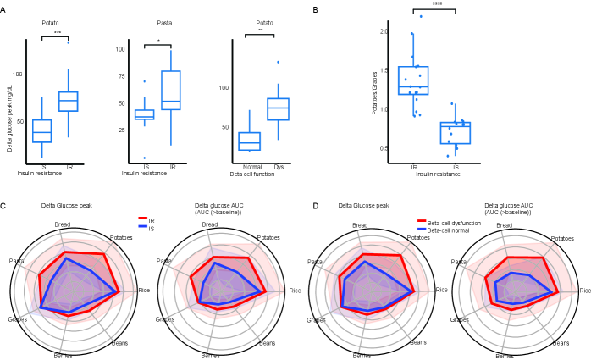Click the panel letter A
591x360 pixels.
coord(3,10)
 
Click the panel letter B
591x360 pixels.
coord(315,10)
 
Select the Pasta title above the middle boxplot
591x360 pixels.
coord(164,23)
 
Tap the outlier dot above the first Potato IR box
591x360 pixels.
coord(68,42)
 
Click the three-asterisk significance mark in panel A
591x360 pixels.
coord(57,32)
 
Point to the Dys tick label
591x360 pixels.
coord(279,167)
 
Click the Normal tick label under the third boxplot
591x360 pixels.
coord(250,167)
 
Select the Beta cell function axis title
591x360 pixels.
coord(251,174)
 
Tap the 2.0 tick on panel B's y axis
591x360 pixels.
coord(384,32)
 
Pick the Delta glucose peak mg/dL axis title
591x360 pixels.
coord(9,124)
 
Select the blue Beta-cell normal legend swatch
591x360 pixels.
coord(422,230)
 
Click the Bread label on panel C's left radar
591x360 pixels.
coord(63,224)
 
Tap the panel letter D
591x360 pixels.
coord(315,205)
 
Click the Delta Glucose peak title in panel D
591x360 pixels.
coord(363,205)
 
